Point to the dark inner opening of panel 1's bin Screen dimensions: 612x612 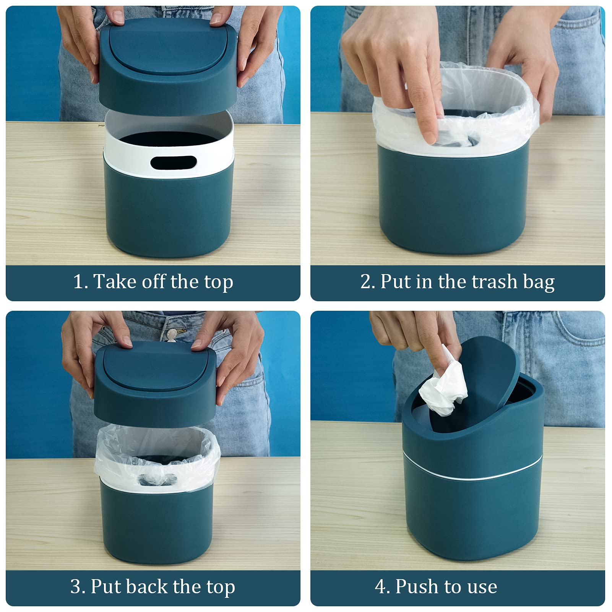pyautogui.click(x=168, y=140)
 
